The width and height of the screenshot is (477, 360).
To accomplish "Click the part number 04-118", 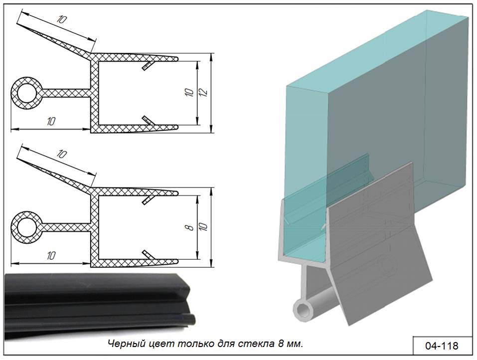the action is point(442,346).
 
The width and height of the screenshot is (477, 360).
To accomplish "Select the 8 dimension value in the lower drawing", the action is point(190,227).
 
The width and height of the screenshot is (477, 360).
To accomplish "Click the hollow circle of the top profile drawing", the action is point(26,93).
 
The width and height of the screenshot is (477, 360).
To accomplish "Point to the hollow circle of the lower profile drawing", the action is point(26,227).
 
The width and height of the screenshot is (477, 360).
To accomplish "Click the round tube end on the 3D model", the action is point(303,310).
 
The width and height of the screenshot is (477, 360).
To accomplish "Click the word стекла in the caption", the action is point(257,344).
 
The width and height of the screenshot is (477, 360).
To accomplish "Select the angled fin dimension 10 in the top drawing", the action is point(62,20).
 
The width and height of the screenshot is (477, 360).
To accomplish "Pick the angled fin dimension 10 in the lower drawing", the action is point(62,154).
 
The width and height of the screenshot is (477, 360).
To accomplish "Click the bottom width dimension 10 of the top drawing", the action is point(51,122).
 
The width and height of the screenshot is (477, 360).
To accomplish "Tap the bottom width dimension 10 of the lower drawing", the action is point(51,255).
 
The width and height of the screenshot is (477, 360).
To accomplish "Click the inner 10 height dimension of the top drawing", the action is point(189,93).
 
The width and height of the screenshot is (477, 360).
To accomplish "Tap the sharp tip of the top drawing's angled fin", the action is point(17,24).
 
